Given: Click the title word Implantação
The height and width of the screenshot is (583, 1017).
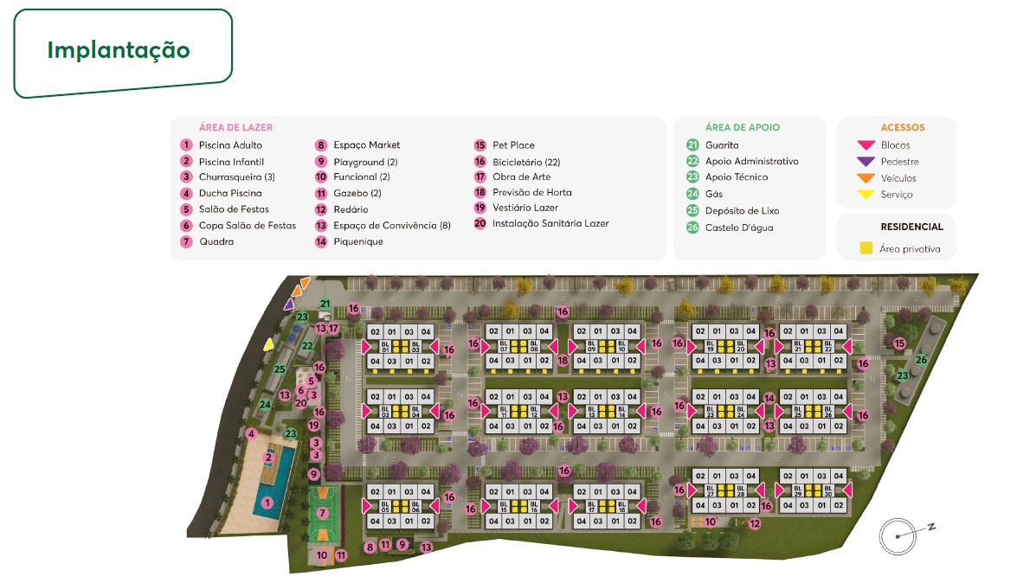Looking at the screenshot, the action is point(119,49).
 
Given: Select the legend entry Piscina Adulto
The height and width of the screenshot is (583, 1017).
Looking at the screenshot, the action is point(230,145).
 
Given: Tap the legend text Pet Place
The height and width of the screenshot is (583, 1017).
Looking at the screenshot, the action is point(513,145).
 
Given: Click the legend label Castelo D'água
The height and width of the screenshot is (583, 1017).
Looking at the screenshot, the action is point(738,227).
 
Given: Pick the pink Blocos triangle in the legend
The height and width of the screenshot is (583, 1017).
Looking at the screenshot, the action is point(865,145).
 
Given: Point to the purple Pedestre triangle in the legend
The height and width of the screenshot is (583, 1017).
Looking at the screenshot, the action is point(865,162).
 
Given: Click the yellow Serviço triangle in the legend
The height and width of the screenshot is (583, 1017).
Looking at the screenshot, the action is point(865,195).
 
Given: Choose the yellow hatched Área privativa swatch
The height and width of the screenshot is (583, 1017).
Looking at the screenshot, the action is point(865,249).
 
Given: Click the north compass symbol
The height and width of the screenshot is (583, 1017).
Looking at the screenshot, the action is point(898,536).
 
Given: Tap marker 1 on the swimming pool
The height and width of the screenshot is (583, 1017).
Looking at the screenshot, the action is point(267,503).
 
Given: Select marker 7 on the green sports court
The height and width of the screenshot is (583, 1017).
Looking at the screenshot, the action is point(322,513).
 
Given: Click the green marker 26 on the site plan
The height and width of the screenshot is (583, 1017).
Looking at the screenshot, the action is point(923,360).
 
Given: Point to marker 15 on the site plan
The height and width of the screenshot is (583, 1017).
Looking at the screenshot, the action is point(899,343).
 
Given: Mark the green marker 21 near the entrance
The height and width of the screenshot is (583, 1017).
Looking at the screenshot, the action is point(325,304).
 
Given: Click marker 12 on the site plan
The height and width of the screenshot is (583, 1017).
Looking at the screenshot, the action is point(755,522).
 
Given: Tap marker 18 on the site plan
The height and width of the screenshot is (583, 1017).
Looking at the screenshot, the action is point(563,361).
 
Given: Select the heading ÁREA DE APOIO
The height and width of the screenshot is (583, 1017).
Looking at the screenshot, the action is point(742,127).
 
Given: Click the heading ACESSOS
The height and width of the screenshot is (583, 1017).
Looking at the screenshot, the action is point(903,127).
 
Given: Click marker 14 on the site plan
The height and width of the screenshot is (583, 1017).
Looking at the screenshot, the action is point(769,399).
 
